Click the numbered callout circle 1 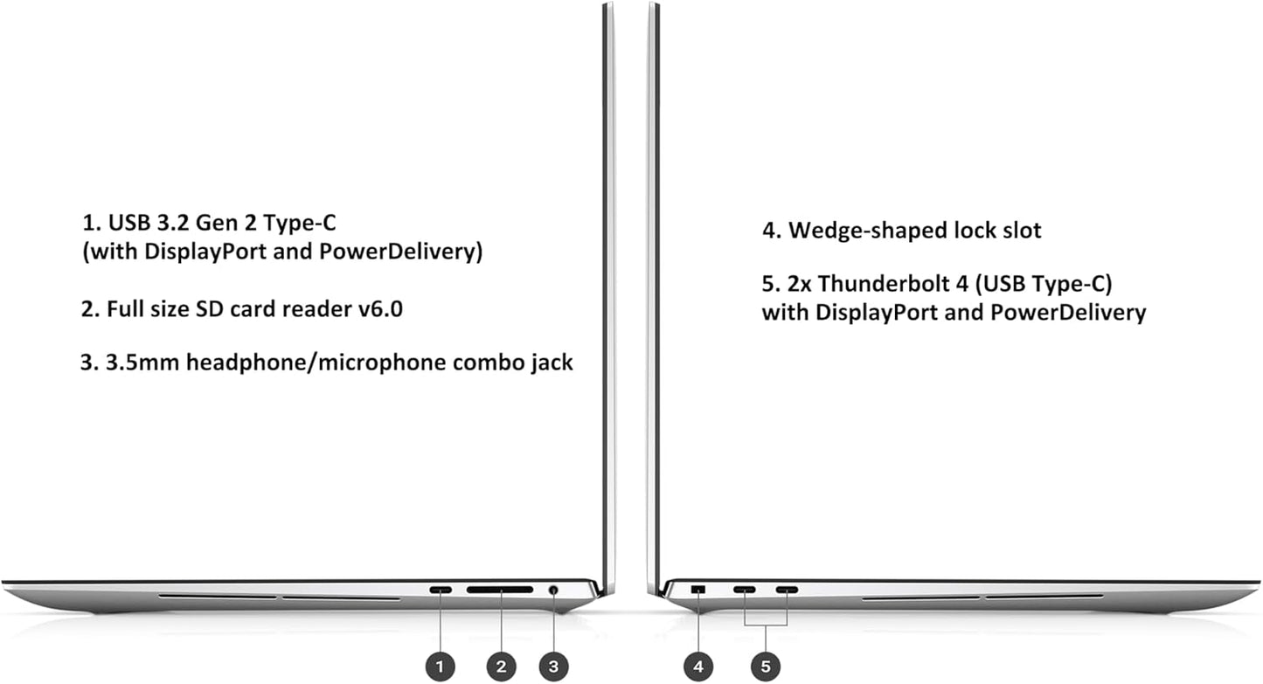440,667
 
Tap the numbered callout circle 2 501,667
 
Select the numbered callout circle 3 553,667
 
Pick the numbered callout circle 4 698,667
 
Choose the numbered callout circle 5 765,667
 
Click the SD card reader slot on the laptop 500,590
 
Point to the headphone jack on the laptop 553,590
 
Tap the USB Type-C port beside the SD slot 441,590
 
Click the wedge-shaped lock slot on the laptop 698,590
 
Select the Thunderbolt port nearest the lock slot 745,590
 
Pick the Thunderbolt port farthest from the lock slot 787,590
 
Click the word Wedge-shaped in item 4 868,231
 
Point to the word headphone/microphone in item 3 316,363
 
